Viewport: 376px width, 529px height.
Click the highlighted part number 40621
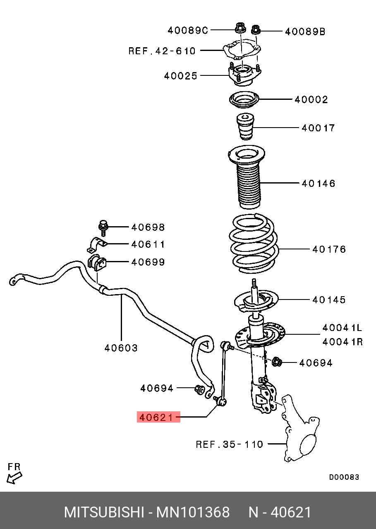[x=158, y=417]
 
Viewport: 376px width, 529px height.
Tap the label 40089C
[x=187, y=30]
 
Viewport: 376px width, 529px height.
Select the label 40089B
[x=305, y=31]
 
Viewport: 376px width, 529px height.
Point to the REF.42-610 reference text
[x=162, y=51]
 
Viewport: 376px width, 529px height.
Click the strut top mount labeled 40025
[x=244, y=75]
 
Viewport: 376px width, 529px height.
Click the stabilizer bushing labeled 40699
[x=97, y=263]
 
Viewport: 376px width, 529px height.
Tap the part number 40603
[x=121, y=348]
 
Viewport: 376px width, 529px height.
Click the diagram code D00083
[x=344, y=477]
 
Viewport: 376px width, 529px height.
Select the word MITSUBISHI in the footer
[x=103, y=512]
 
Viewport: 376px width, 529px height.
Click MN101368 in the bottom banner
[x=192, y=512]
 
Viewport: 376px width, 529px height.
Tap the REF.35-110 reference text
[x=229, y=444]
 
